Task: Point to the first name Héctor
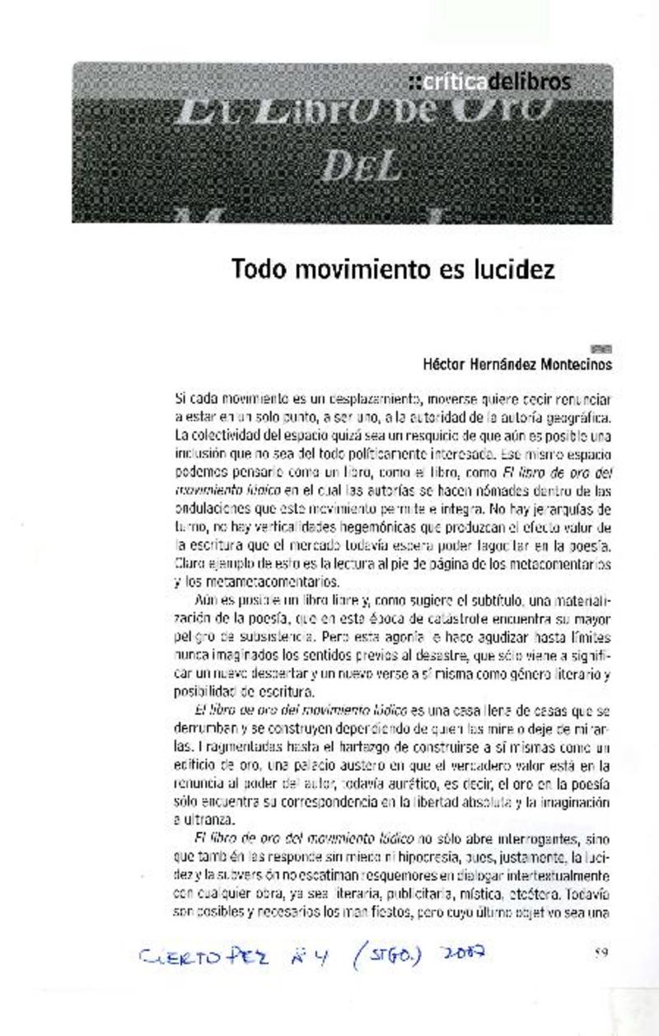coord(445,363)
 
